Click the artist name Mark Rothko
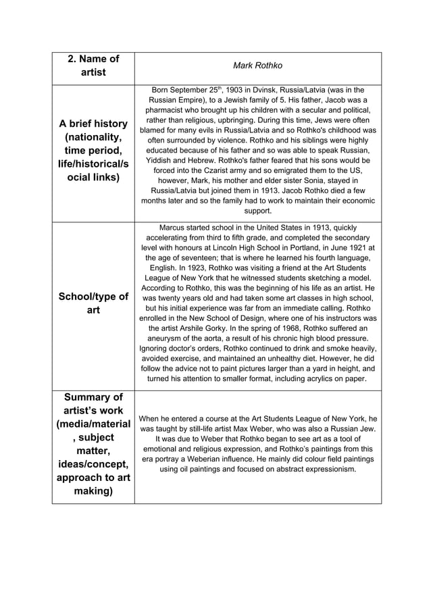[x=257, y=66]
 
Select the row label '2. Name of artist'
[x=93, y=65]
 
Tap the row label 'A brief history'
[x=93, y=124]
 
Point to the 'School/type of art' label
[x=93, y=303]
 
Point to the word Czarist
[x=220, y=172]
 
